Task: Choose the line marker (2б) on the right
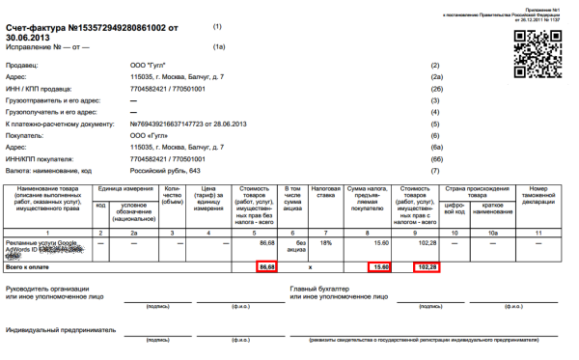(x=436, y=88)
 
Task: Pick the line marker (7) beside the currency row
(x=436, y=170)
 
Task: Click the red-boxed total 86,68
(x=267, y=265)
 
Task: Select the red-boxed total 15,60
(x=379, y=265)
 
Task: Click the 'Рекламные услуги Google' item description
(x=46, y=242)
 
